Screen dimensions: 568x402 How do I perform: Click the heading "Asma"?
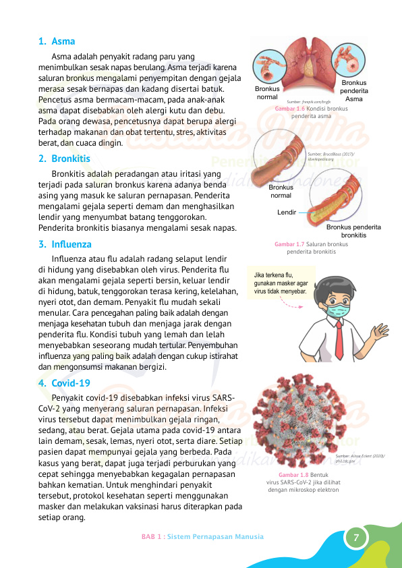pos(63,41)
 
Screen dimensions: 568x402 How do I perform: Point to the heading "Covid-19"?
pos(70,383)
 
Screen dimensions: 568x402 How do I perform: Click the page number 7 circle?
pos(356,538)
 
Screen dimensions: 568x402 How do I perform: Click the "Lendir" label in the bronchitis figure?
pos(287,212)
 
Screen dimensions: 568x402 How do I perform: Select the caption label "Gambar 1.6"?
pos(290,109)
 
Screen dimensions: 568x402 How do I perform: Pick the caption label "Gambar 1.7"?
pos(290,244)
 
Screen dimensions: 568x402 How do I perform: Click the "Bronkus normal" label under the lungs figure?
pos(267,93)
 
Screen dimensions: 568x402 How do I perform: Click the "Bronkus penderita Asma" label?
pos(354,90)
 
